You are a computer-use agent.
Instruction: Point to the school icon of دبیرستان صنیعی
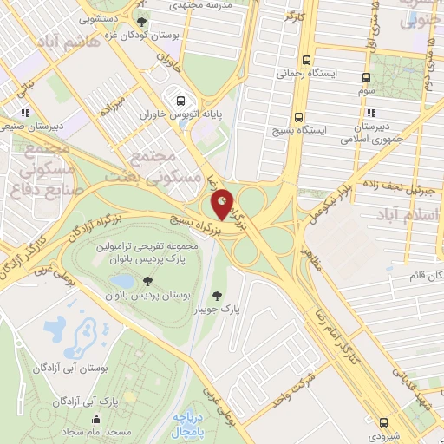(x=28, y=113)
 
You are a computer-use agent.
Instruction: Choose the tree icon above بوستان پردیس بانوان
(x=148, y=281)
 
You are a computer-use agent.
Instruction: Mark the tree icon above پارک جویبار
(x=229, y=295)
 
